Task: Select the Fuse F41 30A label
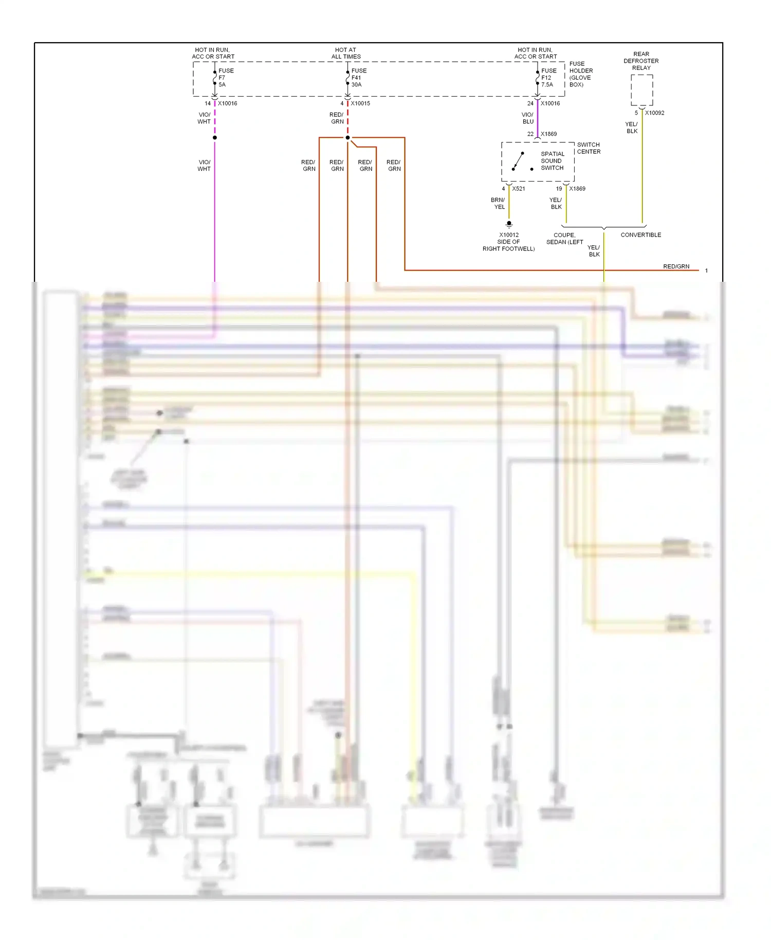[359, 78]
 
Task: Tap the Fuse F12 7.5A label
[548, 78]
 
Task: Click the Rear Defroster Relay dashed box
[641, 90]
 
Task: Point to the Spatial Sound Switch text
[552, 161]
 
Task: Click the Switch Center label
[589, 148]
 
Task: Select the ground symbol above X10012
[509, 224]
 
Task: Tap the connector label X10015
[360, 103]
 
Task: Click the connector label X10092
[654, 113]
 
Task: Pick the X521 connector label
[518, 189]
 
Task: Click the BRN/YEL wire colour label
[498, 204]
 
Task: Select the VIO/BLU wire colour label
[528, 118]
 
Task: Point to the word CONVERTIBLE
[640, 235]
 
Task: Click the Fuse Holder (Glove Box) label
[581, 74]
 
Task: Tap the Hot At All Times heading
[346, 53]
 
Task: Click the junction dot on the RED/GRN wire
[347, 138]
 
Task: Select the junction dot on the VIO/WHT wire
[214, 138]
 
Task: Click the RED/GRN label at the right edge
[676, 266]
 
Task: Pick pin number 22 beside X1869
[530, 134]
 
